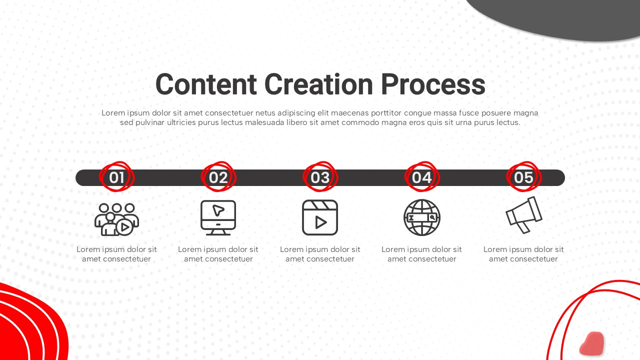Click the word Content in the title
coord(206,84)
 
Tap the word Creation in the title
coord(318,84)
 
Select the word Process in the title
coord(433,84)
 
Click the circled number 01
coord(116,177)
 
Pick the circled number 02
coord(218,177)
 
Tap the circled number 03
coord(320,177)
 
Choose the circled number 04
coord(422,177)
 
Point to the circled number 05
coord(523,177)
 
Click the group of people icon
coord(116,219)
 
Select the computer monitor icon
coord(218,217)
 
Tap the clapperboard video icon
coord(320,217)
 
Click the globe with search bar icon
coord(422,217)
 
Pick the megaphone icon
coord(523,215)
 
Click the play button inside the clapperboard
coord(321,222)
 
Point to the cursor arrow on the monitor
coord(218,210)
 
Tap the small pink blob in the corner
coord(591,343)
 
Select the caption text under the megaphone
coord(523,254)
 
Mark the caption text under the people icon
coord(116,254)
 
